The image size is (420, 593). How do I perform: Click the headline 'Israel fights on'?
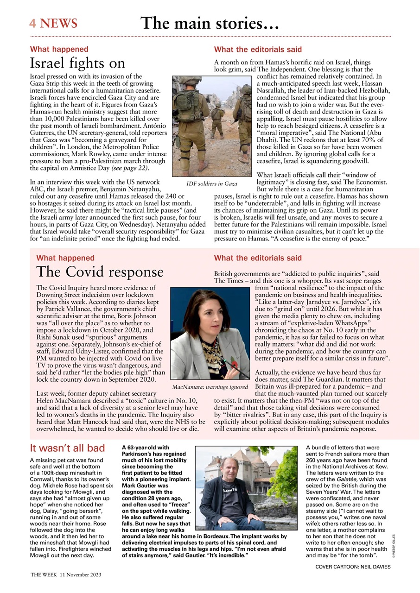(x=77, y=63)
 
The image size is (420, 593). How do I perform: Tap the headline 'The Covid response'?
(x=100, y=272)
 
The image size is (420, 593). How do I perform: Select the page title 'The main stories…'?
(x=209, y=23)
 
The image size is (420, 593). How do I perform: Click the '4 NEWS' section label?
(x=53, y=23)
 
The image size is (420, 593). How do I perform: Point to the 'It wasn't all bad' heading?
(x=67, y=448)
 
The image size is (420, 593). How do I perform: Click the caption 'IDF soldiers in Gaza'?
(x=211, y=184)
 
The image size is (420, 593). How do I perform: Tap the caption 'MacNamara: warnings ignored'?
(x=210, y=386)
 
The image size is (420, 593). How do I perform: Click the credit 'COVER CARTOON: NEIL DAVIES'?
(x=353, y=567)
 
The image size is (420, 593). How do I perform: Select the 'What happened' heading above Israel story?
(x=59, y=49)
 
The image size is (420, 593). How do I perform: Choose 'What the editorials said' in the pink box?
(x=257, y=258)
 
